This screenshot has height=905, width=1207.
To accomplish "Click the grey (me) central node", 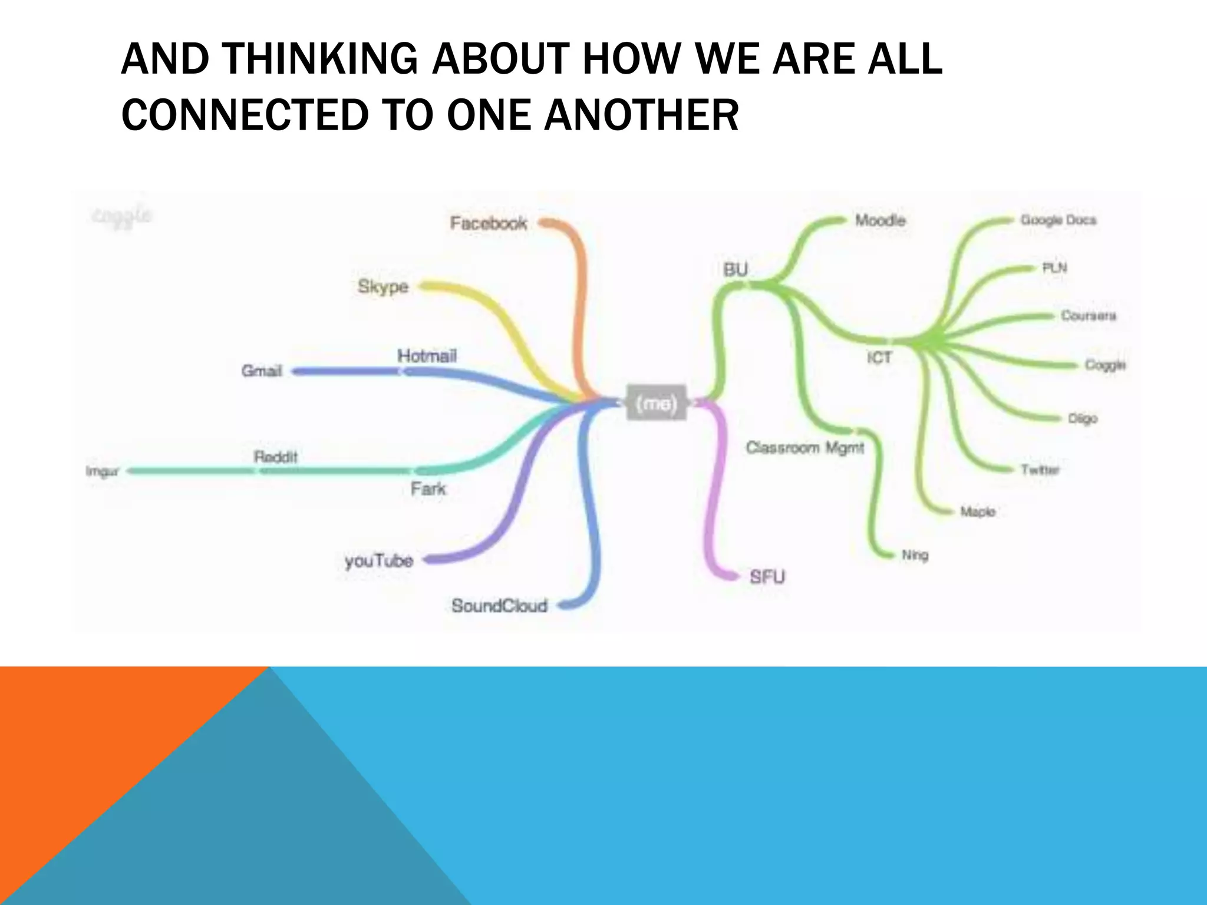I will click(657, 403).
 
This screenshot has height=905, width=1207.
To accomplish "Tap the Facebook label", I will click(489, 223).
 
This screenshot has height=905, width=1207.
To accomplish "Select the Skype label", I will click(383, 287).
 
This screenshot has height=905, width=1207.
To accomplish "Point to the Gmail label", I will click(262, 371).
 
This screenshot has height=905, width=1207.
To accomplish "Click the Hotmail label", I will click(427, 356).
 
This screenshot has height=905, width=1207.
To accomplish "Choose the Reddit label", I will click(276, 457).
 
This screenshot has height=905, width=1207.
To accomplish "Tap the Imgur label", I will click(103, 471).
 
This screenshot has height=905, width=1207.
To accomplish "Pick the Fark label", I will click(428, 488).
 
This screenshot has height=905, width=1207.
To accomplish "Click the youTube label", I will click(379, 560).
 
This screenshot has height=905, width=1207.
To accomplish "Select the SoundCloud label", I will click(500, 606).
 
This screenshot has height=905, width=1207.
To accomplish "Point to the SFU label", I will click(767, 577).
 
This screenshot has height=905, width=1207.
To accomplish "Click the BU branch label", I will click(736, 270).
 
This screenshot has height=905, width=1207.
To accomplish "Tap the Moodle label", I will click(880, 221).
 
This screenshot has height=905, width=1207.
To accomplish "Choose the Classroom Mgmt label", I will click(805, 448).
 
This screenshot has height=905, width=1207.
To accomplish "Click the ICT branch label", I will click(879, 358).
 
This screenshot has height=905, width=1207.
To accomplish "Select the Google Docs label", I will click(1058, 220).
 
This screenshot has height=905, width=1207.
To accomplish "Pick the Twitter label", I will click(1040, 470).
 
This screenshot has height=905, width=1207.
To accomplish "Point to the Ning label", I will click(915, 555).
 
